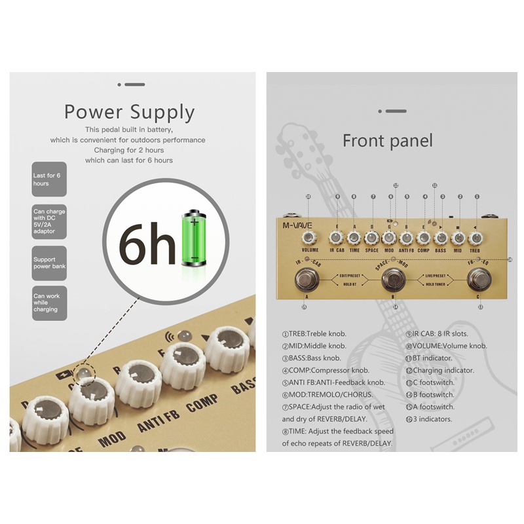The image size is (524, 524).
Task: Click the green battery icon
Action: (194, 238)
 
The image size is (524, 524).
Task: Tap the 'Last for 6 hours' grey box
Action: (49, 179)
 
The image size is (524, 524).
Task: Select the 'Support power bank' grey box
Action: (49, 263)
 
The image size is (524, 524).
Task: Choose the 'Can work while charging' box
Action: (49, 303)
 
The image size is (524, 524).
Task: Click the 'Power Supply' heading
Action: (129, 112)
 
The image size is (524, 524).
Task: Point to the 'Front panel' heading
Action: (388, 140)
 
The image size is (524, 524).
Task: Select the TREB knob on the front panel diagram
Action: (476, 238)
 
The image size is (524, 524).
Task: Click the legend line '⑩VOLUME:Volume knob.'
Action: (449, 346)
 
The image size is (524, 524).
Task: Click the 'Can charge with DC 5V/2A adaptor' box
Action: (49, 221)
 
